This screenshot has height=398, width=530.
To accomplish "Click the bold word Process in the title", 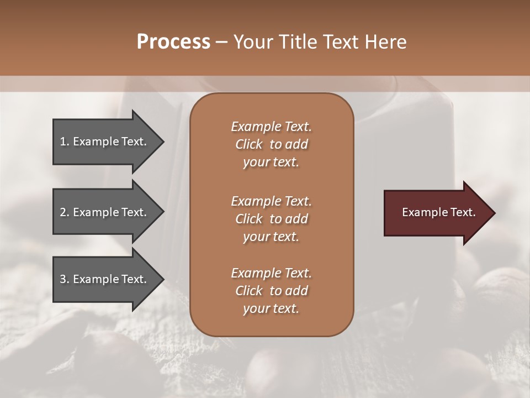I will (x=173, y=42).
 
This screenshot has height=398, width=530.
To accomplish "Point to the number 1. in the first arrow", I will (x=65, y=142).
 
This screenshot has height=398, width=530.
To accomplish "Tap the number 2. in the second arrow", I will (x=65, y=212).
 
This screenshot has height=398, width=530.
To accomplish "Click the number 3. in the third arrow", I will (x=65, y=279).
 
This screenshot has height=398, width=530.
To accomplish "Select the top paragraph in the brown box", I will (x=271, y=144).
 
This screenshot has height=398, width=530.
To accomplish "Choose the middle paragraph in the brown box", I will (x=271, y=219).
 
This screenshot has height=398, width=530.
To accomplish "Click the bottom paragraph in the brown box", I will (x=271, y=291).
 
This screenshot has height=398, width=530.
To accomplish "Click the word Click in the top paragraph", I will (x=249, y=144).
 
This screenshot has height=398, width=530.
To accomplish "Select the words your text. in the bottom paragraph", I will (x=271, y=308).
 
